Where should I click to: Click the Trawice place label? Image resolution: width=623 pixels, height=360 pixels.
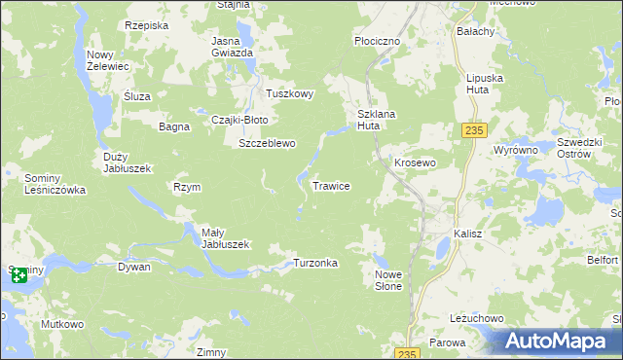[331, 185]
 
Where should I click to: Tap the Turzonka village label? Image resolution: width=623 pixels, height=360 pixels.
[315, 264]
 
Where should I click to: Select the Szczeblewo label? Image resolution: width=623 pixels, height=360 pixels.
[267, 143]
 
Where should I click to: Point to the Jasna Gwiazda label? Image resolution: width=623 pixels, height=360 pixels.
[233, 47]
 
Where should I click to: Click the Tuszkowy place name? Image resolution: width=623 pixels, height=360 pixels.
[290, 94]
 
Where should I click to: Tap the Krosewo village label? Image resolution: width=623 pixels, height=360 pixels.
[413, 162]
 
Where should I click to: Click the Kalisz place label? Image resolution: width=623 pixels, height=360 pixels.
[468, 234]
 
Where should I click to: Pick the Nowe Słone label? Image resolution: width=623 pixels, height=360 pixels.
[388, 280]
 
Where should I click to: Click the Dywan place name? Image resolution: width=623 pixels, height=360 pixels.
[134, 266]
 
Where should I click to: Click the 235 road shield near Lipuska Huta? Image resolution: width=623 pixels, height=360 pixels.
[473, 129]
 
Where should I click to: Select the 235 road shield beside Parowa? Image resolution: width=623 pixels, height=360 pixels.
[409, 352]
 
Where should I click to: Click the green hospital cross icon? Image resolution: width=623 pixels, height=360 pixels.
[18, 275]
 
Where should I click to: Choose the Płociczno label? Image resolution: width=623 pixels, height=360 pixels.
[377, 42]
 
